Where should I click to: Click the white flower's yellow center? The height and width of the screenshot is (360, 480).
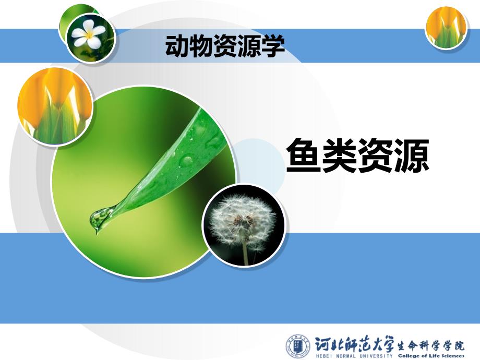pos(89,34)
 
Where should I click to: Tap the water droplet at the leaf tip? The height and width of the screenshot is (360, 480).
pos(100,218)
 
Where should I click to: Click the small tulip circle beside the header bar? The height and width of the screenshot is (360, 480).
pos(446,28)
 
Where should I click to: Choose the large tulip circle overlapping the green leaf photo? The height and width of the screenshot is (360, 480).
pos(55,106)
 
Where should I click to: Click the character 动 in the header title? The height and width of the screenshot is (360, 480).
pos(177,46)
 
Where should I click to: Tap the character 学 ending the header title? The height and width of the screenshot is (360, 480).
pos(273,46)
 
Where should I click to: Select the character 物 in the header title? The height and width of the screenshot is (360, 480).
pos(201,46)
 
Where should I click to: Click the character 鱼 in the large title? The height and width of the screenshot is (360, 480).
pos(304,155)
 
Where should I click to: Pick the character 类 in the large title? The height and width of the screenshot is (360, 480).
pos(340,155)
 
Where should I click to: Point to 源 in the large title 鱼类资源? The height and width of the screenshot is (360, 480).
pos(411,155)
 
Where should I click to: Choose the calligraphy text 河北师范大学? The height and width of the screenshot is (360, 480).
pos(355,344)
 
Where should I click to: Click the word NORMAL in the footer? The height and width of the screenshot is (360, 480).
pos(346,356)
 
